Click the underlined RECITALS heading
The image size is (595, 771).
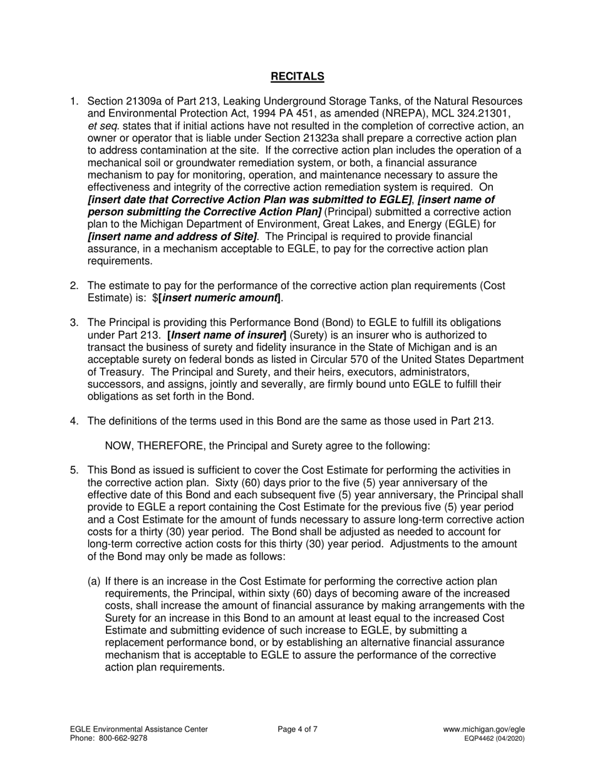pos(297,76)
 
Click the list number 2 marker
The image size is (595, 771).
pos(74,286)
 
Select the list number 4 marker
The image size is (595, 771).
pos(74,421)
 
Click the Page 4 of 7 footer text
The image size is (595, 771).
pos(297,729)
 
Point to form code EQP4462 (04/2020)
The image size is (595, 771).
pos(494,738)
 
